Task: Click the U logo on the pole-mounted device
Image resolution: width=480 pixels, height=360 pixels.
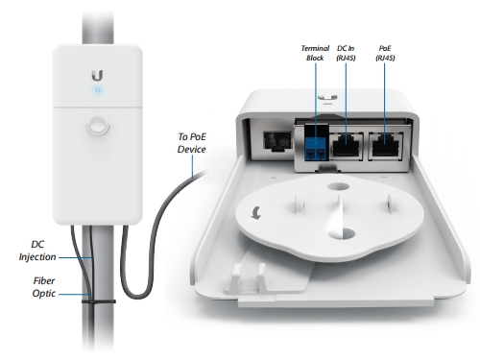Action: pos(97,73)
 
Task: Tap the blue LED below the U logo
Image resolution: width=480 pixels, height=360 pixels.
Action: pos(97,92)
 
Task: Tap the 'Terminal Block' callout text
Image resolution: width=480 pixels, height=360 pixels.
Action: pos(315,52)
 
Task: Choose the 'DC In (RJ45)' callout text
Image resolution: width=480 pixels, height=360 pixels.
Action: pos(347,52)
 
